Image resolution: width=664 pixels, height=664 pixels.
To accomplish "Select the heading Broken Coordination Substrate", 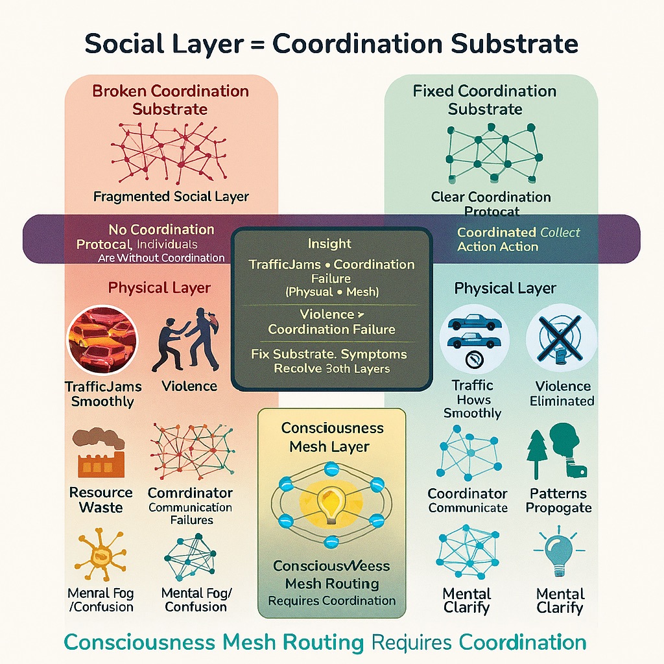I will [x=170, y=100].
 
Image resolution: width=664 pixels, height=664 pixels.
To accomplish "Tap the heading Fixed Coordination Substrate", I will [x=485, y=100].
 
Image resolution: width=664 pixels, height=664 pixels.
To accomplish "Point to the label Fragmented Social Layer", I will [x=171, y=196].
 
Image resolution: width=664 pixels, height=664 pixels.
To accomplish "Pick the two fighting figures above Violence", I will [x=187, y=340].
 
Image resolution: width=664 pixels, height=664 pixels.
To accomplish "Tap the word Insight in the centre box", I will [x=331, y=244].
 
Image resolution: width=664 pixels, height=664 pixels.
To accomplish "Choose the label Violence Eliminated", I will [x=562, y=394].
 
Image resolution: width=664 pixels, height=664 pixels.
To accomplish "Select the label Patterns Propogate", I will [x=558, y=501].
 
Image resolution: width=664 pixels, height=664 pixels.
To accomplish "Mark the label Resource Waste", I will [x=101, y=500].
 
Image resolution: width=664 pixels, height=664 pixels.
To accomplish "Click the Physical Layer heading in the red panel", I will [x=160, y=287].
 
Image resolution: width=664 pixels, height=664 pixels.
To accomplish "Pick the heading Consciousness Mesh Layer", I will [x=332, y=437].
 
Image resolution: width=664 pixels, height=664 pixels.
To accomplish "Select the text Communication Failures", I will [x=191, y=514].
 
